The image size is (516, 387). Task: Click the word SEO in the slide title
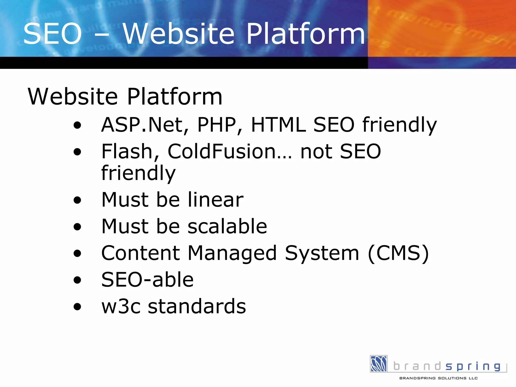(52, 34)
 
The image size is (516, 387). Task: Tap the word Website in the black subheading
(73, 96)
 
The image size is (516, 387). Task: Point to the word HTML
(279, 124)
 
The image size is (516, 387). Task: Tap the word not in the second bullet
(316, 151)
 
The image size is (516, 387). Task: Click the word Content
(140, 253)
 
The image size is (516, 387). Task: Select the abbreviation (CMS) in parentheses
(398, 253)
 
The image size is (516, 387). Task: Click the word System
(322, 253)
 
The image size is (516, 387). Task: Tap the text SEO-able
(147, 280)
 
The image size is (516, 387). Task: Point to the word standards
(197, 306)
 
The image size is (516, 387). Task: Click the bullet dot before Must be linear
(77, 200)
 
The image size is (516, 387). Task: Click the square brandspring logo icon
(378, 364)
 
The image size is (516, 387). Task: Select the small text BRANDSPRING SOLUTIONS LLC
(438, 378)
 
